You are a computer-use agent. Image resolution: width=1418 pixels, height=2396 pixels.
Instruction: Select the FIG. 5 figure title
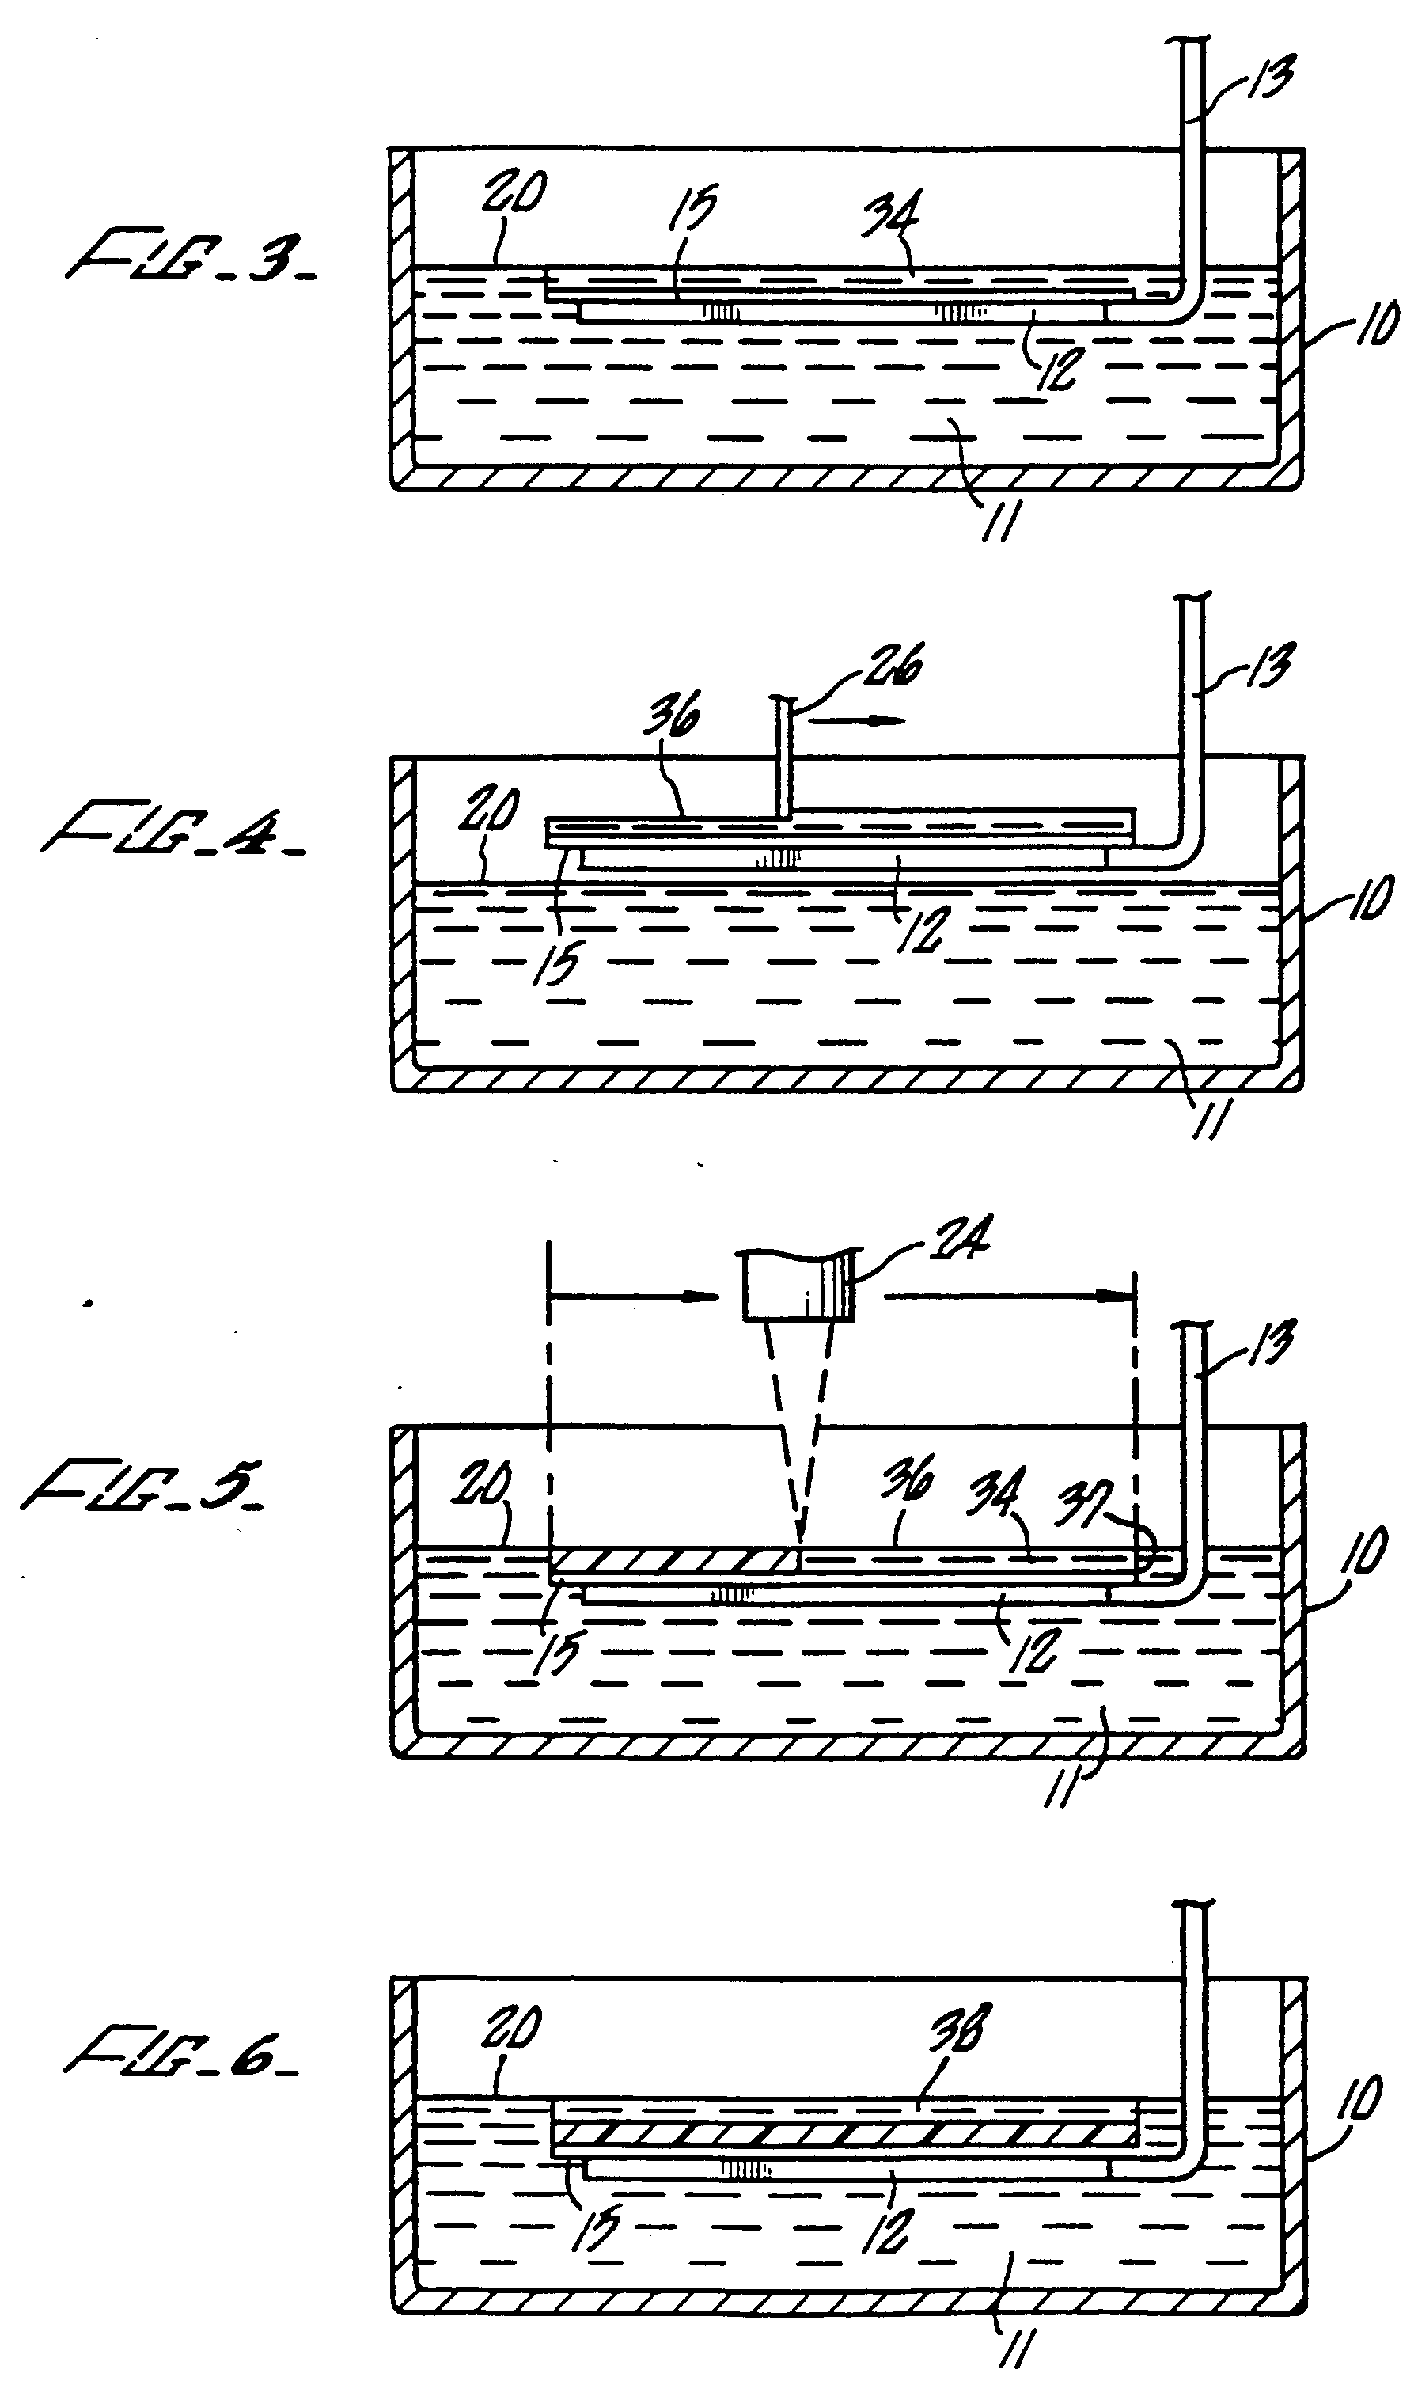coord(143,1487)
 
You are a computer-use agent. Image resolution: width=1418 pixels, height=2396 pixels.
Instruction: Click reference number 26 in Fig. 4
coord(892,664)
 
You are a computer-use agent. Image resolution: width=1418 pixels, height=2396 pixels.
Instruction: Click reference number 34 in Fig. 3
coord(889,220)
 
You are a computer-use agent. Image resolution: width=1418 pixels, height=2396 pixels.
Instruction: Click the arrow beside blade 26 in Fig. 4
coord(860,720)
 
